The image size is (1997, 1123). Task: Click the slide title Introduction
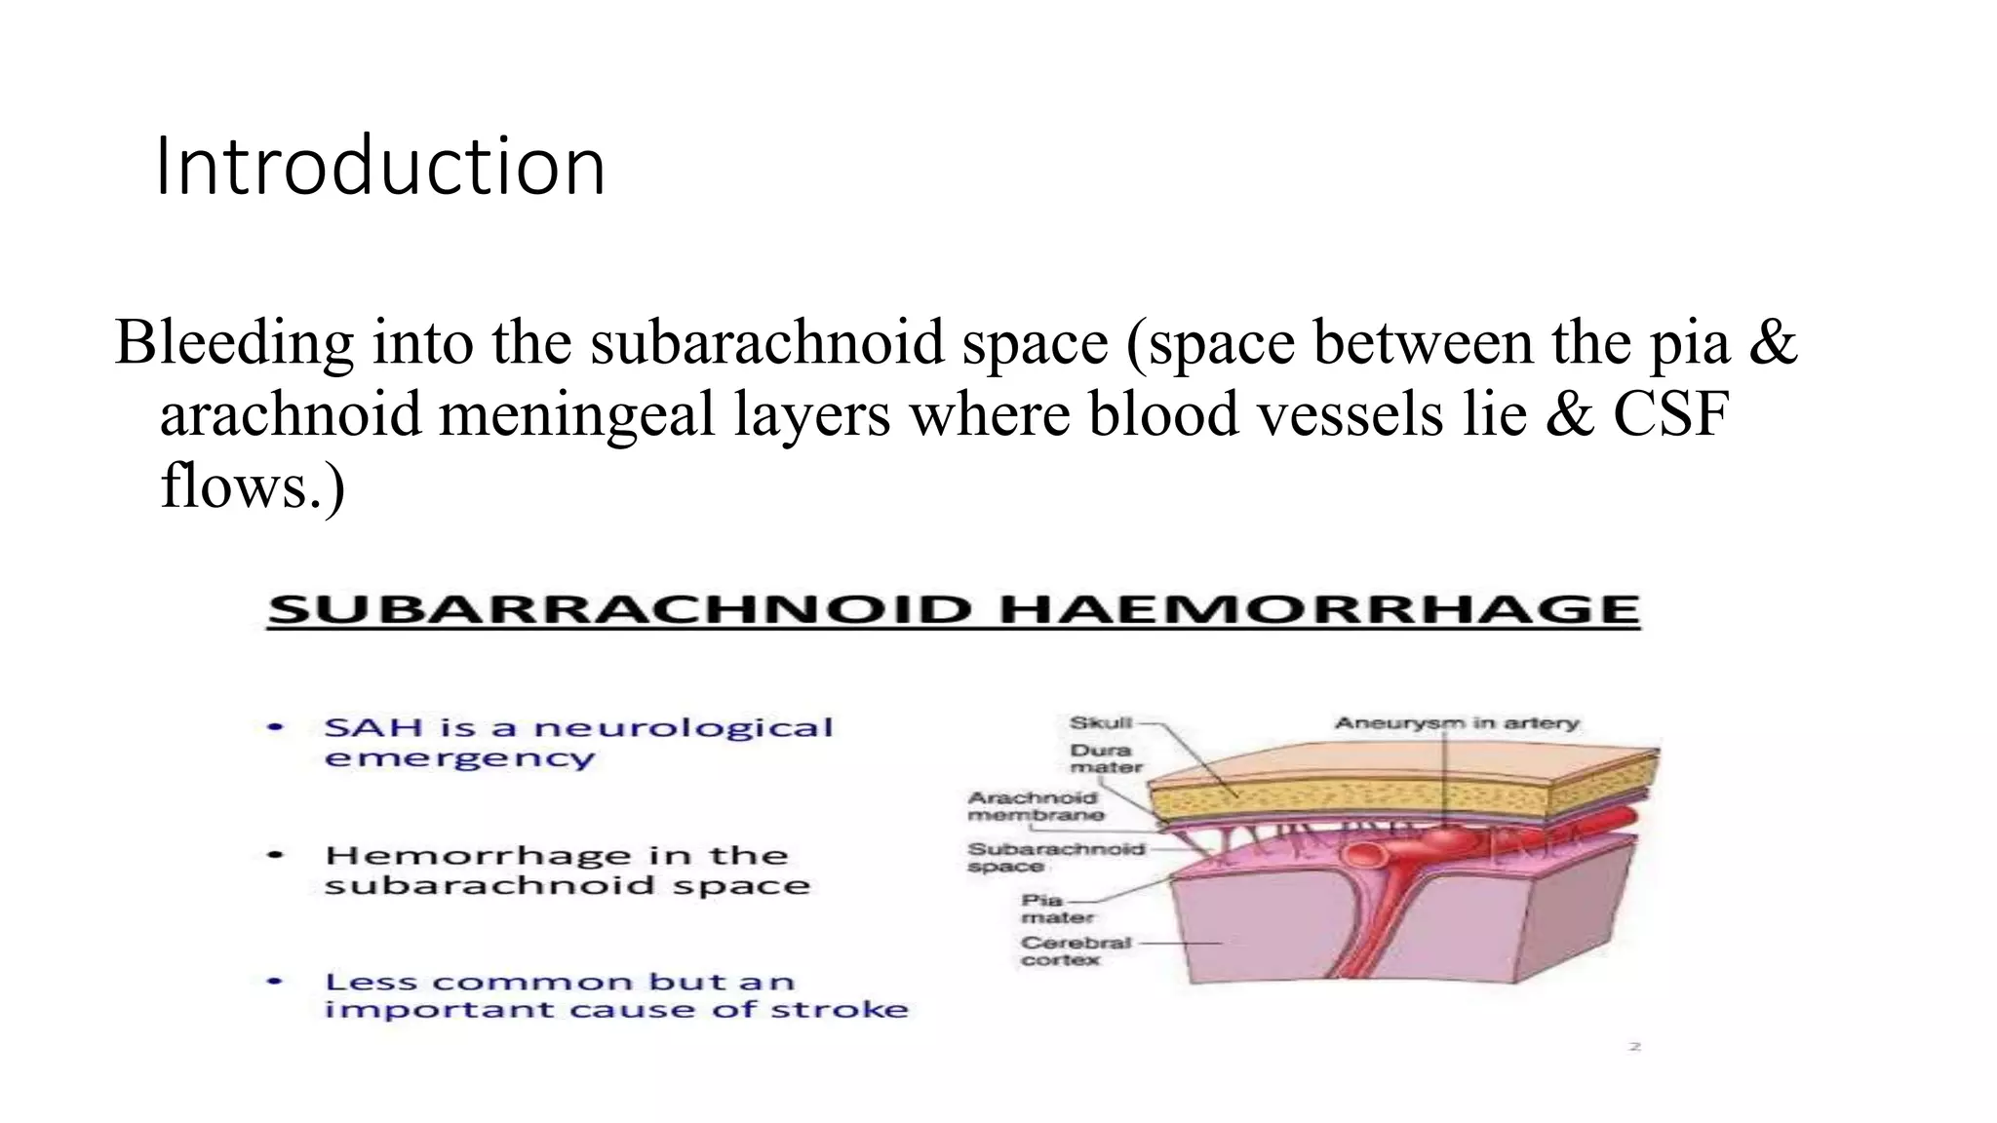[x=380, y=166]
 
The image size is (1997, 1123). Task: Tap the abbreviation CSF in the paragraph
[x=1670, y=413]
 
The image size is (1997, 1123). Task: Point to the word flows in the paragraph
[x=234, y=484]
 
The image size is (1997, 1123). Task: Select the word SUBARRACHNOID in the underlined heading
[x=619, y=610]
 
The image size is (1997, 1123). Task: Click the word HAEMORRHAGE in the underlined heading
[x=1319, y=610]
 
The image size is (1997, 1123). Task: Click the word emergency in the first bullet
[x=459, y=758]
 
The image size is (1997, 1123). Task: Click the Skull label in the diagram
[x=1101, y=722]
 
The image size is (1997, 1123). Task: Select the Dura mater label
[x=1106, y=758]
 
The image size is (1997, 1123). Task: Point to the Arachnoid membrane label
[x=1036, y=806]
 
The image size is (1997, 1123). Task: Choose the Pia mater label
[x=1057, y=909]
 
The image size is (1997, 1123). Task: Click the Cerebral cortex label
[x=1076, y=950]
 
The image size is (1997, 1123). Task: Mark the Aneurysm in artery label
[x=1457, y=723]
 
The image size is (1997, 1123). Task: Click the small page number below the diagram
[x=1635, y=1047]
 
